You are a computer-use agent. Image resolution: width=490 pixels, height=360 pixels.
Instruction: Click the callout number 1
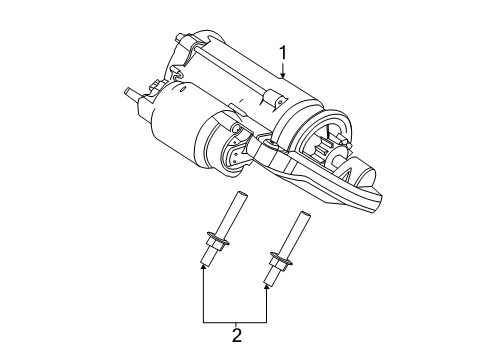coord(283,53)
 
